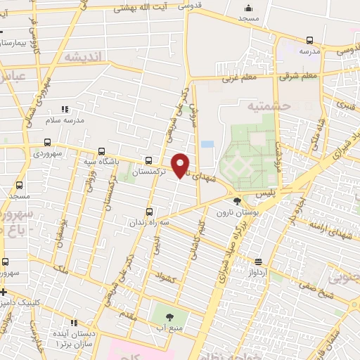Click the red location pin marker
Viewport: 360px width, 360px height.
pyautogui.click(x=181, y=165)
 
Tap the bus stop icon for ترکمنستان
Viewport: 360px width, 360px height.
pyautogui.click(x=148, y=160)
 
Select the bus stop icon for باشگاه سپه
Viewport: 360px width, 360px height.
pyautogui.click(x=102, y=151)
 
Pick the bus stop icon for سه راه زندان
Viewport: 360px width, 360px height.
pyautogui.click(x=148, y=212)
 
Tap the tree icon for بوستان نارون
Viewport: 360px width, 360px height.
pyautogui.click(x=236, y=202)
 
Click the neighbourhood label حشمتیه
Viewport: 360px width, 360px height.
pyautogui.click(x=267, y=106)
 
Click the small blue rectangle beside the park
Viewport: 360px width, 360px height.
pyautogui.click(x=207, y=144)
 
